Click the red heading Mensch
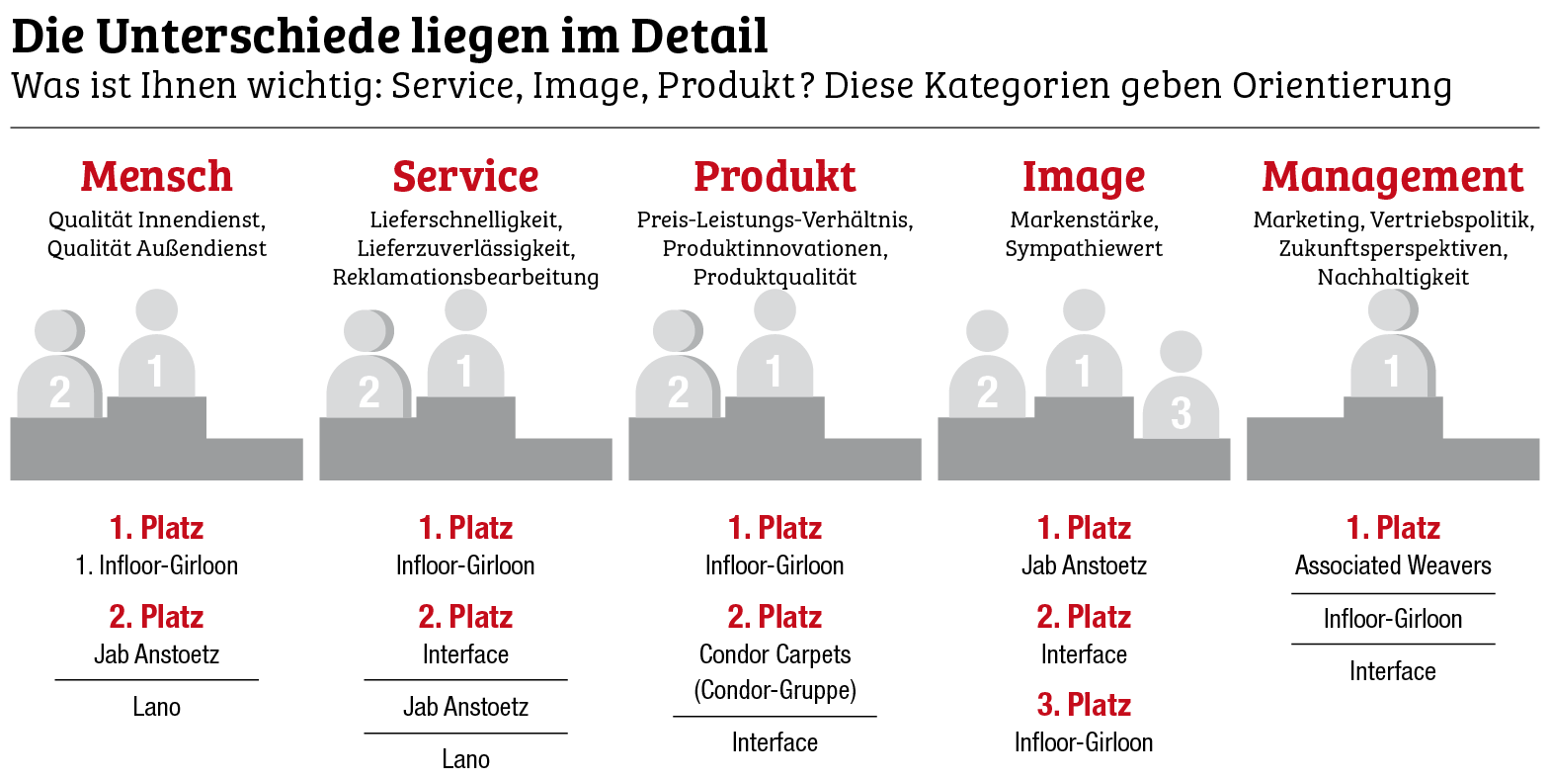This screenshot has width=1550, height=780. pos(156,177)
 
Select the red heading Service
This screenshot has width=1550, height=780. pos(465,177)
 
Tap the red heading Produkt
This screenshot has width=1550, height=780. pos(775,177)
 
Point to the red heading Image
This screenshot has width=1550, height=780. pos(1084,178)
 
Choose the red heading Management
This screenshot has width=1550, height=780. pos(1393,177)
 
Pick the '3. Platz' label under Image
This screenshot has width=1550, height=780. pos(1084,705)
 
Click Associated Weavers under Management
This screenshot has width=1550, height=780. pos(1393,565)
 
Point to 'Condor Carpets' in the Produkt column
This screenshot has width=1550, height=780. pos(775,654)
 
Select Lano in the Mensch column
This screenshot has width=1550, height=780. pos(156,707)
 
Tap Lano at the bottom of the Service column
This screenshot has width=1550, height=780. pos(465,759)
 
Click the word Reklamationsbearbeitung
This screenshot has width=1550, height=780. pos(465,277)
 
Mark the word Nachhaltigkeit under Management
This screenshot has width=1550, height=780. pos(1393,277)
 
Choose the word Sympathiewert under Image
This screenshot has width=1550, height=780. pos(1084,248)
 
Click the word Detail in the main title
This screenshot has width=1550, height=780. pos(698,37)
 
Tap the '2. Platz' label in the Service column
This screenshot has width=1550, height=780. pos(465,617)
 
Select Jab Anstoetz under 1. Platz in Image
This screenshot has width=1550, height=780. pos(1084,565)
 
